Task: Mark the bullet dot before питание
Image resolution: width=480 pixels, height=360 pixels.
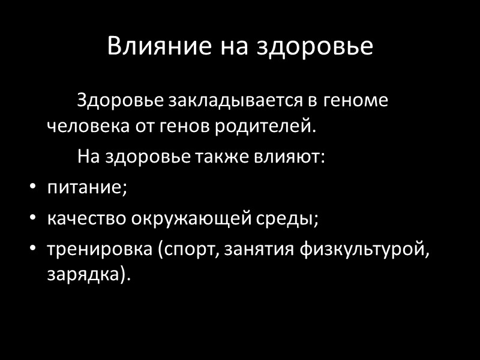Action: coord(33,188)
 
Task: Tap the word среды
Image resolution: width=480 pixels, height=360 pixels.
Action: coord(292,218)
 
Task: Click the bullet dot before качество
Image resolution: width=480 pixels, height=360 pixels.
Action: coord(33,218)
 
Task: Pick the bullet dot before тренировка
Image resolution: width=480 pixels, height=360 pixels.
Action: coord(33,248)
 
